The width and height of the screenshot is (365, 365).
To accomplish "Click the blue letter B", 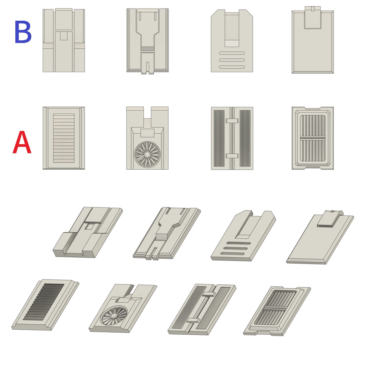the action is pyautogui.click(x=23, y=32).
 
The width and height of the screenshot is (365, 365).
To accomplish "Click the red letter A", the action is pyautogui.click(x=22, y=142).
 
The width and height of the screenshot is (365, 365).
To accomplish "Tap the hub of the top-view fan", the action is pyautogui.click(x=147, y=154).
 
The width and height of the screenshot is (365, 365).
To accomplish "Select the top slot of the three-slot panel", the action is pyautogui.click(x=232, y=53).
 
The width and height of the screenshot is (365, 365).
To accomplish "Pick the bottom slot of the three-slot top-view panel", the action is pyautogui.click(x=232, y=67).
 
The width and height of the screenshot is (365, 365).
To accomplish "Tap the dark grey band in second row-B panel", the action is pyautogui.click(x=148, y=49).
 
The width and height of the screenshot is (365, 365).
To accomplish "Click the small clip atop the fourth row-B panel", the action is pyautogui.click(x=313, y=9).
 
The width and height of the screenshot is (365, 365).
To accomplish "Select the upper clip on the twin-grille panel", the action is pyautogui.click(x=232, y=121).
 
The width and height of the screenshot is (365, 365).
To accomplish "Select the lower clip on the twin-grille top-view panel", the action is pyautogui.click(x=232, y=156).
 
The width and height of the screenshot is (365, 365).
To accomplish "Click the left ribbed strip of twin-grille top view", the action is pyautogui.click(x=219, y=138).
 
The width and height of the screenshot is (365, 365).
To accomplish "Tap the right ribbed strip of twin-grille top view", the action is pyautogui.click(x=245, y=138).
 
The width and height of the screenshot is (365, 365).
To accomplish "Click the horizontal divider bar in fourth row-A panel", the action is pyautogui.click(x=313, y=138).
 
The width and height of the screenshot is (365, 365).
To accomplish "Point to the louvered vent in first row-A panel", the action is pyautogui.click(x=64, y=138).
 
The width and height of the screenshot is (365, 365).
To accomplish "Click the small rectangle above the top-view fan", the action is pyautogui.click(x=147, y=133).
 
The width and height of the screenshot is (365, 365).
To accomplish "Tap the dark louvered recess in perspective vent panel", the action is pyautogui.click(x=44, y=302).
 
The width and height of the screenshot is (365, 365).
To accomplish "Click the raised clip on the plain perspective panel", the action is pyautogui.click(x=328, y=219).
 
